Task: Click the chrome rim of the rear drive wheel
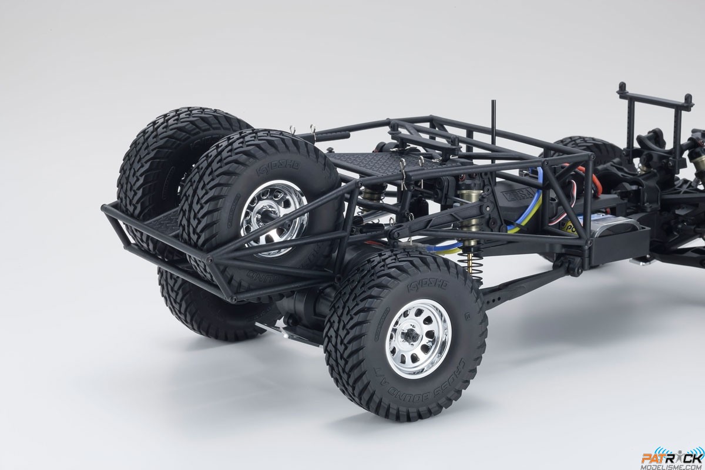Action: [x=419, y=344]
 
